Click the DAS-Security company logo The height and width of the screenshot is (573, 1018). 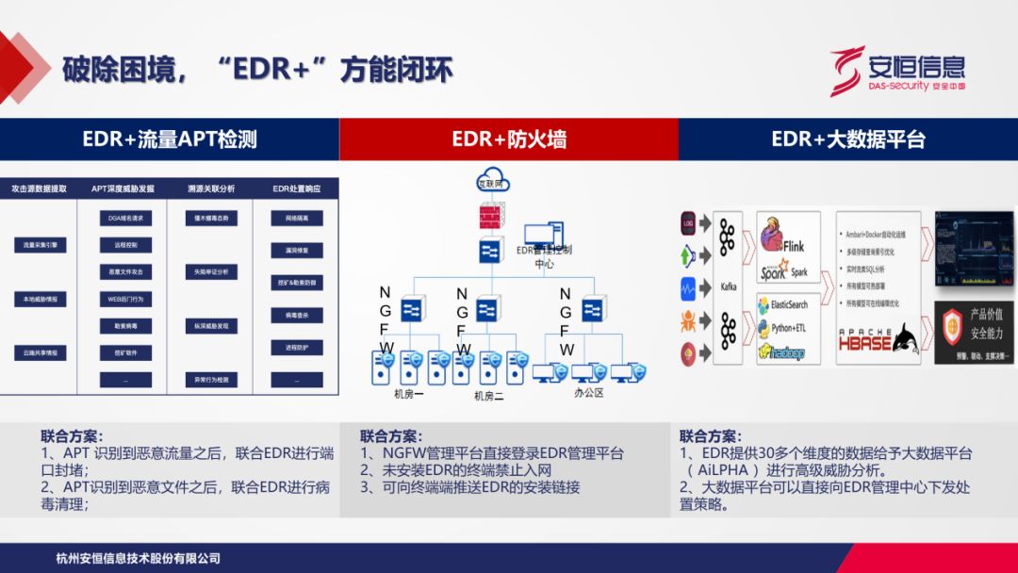[896, 71]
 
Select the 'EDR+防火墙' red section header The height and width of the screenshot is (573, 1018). [509, 139]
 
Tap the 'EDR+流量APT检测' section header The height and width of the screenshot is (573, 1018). [170, 139]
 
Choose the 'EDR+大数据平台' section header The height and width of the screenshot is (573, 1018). [848, 139]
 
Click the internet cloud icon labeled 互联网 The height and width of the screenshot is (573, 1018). [490, 181]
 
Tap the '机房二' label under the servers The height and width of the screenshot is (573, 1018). [488, 396]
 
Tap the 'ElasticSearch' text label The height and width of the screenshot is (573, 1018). [789, 305]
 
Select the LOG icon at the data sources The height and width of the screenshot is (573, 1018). [688, 223]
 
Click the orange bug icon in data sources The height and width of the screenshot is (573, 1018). [688, 321]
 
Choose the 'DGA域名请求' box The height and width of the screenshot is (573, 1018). [125, 218]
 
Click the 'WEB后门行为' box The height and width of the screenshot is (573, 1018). [125, 299]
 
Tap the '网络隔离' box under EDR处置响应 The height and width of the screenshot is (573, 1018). [297, 218]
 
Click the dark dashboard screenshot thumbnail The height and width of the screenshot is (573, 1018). [974, 248]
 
